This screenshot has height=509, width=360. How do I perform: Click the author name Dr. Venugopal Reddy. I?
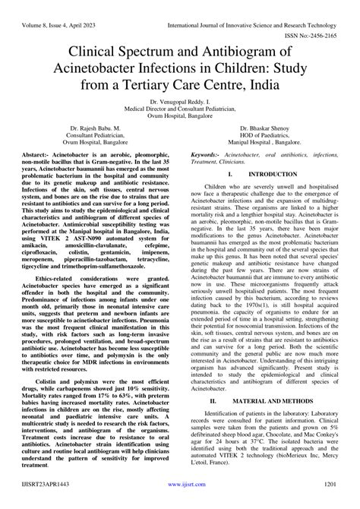(x=180, y=101)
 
